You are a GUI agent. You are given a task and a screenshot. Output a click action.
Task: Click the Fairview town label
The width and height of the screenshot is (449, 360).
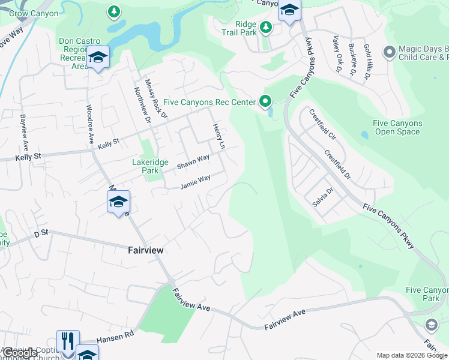click(x=145, y=250)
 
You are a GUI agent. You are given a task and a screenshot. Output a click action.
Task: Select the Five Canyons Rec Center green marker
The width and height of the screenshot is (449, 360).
click(x=265, y=102)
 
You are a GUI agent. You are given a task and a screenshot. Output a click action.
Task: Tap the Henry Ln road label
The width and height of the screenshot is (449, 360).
click(x=218, y=137)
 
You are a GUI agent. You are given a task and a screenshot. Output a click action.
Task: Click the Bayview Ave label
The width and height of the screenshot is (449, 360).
click(x=24, y=133)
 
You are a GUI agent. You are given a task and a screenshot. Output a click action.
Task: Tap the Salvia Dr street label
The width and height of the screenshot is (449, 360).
click(x=322, y=197)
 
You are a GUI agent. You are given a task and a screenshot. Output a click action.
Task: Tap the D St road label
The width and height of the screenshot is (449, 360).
click(x=41, y=233)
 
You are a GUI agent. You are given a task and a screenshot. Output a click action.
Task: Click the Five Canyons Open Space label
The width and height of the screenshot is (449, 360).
click(x=397, y=127)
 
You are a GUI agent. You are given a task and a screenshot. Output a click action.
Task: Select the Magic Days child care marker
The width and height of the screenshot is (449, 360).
click(x=390, y=53)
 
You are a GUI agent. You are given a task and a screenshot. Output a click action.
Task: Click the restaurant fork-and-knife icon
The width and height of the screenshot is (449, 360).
click(x=68, y=341)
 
